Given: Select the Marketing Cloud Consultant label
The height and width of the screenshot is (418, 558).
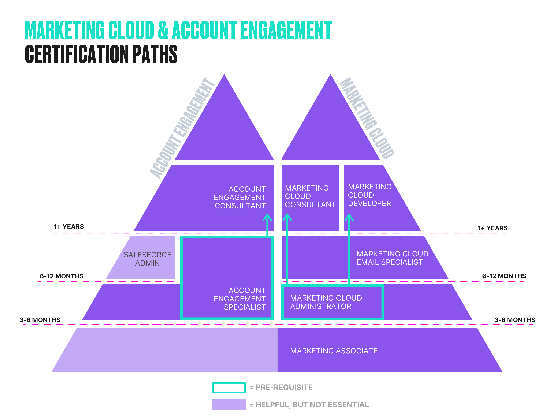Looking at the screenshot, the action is (310, 196).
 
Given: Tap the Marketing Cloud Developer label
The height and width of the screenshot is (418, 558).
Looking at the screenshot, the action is (370, 195).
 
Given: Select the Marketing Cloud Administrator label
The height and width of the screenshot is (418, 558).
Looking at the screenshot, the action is (326, 302).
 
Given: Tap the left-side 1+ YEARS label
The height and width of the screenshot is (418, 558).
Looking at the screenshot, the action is (69, 226).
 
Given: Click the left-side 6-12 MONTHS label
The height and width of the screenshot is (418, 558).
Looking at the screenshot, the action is (62, 276).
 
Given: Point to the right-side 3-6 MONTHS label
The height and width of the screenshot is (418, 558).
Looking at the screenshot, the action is (515, 320).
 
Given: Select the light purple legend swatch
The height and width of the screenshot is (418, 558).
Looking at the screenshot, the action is (229, 405).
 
